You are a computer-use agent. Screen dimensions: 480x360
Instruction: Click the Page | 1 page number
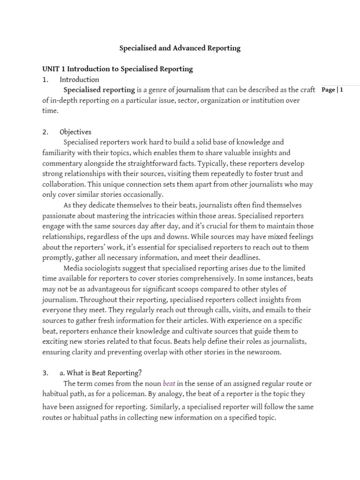[333, 90]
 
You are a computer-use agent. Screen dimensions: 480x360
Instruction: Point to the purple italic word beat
[169, 384]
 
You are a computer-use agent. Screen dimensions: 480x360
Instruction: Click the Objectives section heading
[75, 132]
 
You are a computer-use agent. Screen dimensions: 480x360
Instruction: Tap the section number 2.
[45, 132]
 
